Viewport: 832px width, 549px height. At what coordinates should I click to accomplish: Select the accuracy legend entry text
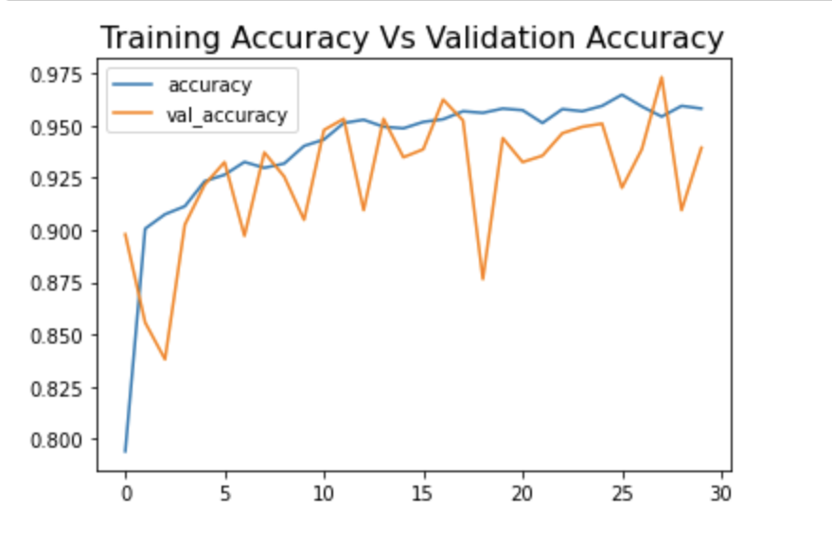[209, 85]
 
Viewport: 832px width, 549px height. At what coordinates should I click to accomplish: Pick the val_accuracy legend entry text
[227, 115]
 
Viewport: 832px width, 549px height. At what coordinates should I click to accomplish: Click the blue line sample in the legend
[132, 85]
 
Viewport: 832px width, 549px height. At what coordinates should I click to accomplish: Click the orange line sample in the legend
[132, 115]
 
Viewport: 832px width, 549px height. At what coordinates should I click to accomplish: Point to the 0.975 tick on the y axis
[59, 75]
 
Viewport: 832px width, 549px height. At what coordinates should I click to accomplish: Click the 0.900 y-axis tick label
[59, 231]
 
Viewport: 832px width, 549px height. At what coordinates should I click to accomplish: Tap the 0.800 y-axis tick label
[59, 440]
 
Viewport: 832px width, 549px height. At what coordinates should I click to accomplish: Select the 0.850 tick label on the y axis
[59, 336]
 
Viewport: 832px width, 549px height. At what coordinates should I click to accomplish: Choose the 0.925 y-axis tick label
[59, 179]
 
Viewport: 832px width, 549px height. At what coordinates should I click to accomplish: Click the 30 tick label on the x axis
[720, 492]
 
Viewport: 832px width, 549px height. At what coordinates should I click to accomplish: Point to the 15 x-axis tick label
[423, 492]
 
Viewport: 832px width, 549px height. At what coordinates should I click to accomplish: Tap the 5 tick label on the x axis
[224, 492]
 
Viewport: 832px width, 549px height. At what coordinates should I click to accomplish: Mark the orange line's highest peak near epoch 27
[661, 78]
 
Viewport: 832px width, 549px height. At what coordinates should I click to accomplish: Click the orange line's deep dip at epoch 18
[483, 279]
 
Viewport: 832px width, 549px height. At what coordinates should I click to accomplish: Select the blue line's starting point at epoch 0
[125, 452]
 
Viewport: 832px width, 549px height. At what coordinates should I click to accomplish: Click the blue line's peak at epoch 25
[621, 95]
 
